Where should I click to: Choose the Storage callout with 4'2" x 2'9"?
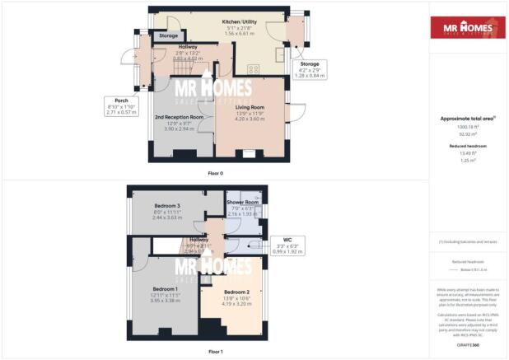(310, 68)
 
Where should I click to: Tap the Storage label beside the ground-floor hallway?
(169, 36)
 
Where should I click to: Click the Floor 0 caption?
(215, 173)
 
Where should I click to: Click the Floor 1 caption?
(215, 351)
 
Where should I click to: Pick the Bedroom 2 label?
(236, 292)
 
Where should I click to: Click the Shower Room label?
(243, 203)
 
